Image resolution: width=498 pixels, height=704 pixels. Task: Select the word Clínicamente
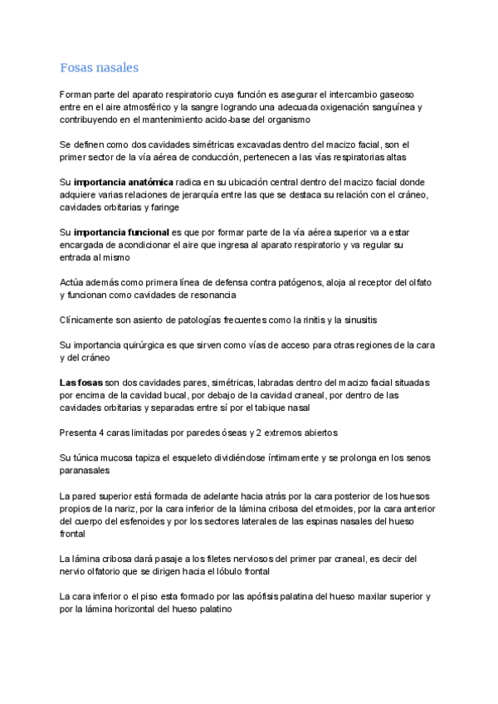89,320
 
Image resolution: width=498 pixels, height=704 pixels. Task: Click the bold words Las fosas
81,382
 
